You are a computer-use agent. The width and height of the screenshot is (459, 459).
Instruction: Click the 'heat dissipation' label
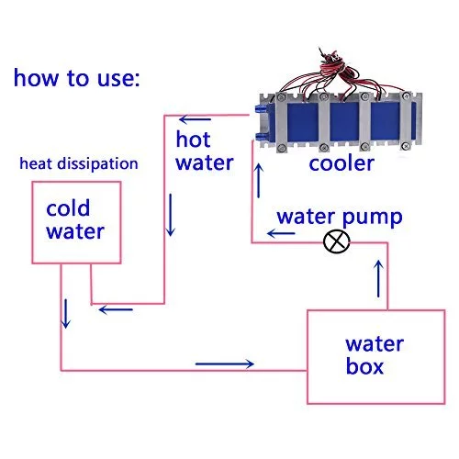(80, 164)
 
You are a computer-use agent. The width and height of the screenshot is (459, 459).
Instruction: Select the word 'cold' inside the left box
(65, 210)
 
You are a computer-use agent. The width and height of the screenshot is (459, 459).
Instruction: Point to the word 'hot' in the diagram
(194, 140)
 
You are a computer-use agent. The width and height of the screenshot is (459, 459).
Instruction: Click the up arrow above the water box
(379, 278)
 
